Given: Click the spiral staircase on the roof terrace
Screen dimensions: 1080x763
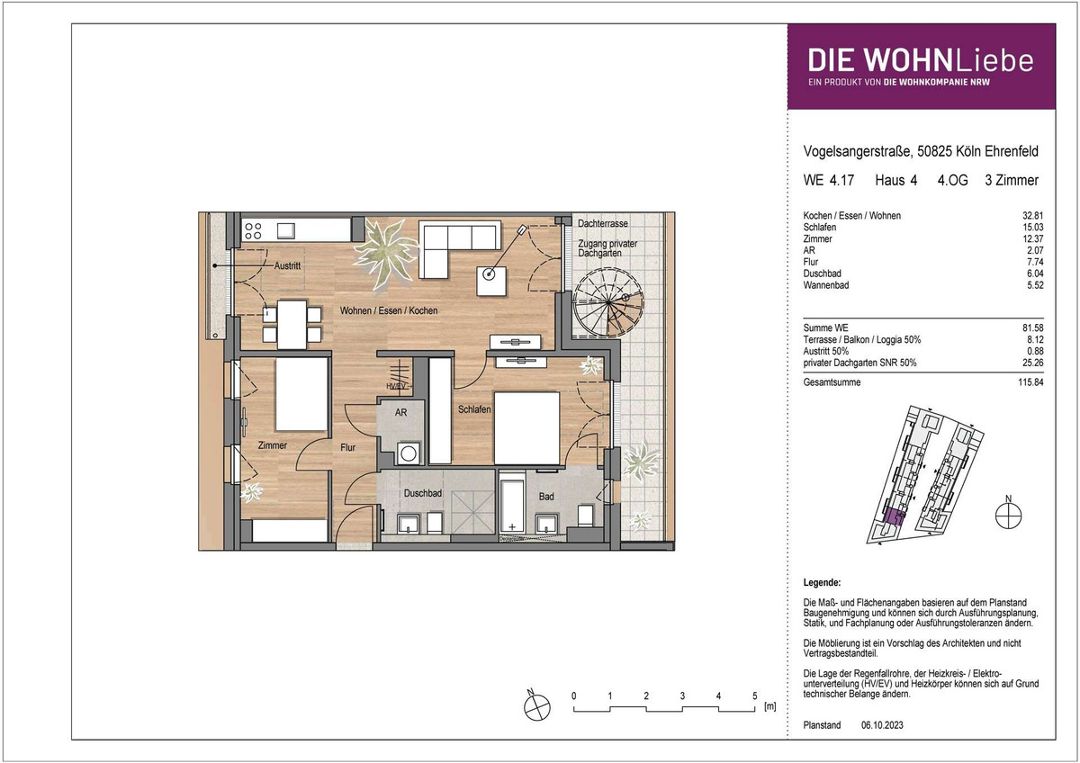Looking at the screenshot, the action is tap(608, 302).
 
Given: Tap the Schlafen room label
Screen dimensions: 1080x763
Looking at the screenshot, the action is tap(474, 409).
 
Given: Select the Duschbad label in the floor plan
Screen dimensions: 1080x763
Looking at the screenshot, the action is tap(422, 493).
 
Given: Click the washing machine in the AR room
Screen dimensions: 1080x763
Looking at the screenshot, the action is tap(409, 453).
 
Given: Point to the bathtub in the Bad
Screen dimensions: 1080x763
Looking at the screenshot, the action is tap(511, 502).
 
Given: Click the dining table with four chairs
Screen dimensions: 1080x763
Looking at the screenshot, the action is tap(292, 325).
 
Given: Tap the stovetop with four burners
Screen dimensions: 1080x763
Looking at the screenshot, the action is tap(253, 231).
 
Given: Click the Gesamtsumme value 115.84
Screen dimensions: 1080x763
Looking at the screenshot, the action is tap(1030, 382).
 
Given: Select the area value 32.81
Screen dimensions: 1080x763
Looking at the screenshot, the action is tap(1033, 215).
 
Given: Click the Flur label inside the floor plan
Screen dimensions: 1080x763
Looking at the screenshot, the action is tap(347, 447).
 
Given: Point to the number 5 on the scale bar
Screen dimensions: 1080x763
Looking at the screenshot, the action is tap(754, 696).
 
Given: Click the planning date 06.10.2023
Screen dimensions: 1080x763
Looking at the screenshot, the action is tap(882, 725).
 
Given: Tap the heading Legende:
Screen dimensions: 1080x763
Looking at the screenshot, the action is tap(822, 582).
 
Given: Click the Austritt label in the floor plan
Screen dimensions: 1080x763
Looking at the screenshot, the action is tap(287, 265).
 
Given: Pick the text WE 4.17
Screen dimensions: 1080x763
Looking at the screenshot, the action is tap(828, 180).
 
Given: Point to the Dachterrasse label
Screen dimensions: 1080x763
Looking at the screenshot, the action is tap(603, 224).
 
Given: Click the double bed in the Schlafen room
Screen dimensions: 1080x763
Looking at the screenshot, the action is tap(526, 428).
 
